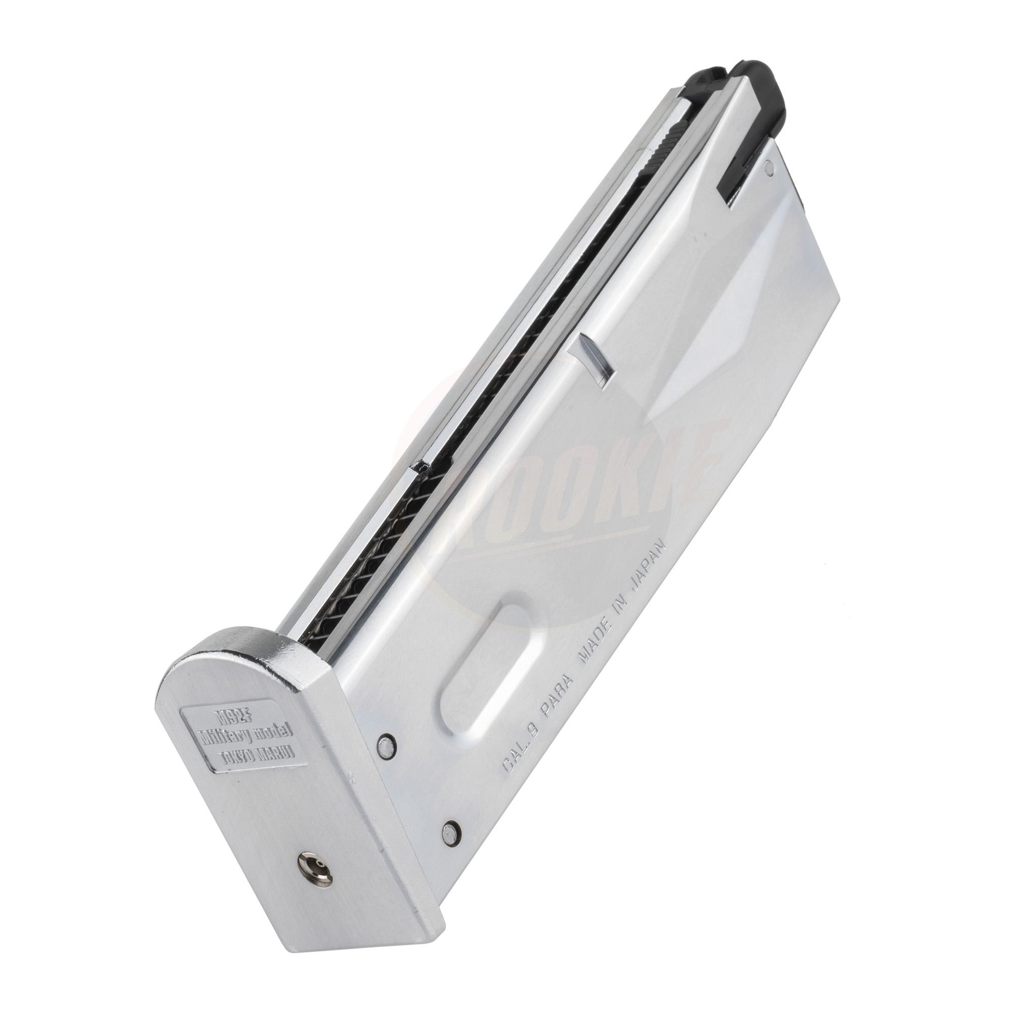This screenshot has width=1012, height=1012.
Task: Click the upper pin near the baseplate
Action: (x=385, y=758)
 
